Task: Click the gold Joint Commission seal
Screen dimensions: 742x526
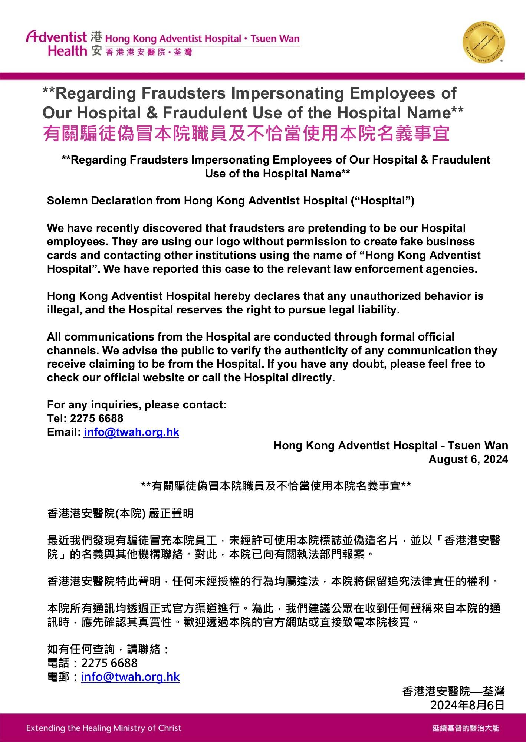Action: (484, 42)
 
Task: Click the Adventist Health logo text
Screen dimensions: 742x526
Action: (56, 43)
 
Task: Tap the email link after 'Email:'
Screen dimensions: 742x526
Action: (131, 432)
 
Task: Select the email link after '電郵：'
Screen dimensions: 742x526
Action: (130, 677)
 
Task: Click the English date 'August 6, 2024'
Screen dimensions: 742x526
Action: (468, 459)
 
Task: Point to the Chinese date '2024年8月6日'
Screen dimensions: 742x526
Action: (467, 705)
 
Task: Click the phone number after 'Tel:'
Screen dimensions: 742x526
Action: (96, 418)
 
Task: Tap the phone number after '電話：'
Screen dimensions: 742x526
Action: (109, 663)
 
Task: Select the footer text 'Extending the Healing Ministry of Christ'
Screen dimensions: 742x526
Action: (104, 728)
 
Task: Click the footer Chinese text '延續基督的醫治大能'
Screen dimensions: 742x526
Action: (466, 728)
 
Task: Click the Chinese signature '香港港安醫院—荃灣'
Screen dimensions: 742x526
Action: (453, 691)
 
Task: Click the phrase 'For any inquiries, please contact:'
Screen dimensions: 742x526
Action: (137, 405)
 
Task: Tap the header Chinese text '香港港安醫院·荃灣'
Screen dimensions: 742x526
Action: (149, 52)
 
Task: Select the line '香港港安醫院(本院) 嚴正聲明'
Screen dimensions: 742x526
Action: (120, 513)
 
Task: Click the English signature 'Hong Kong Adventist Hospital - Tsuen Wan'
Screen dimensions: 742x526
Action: (391, 446)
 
